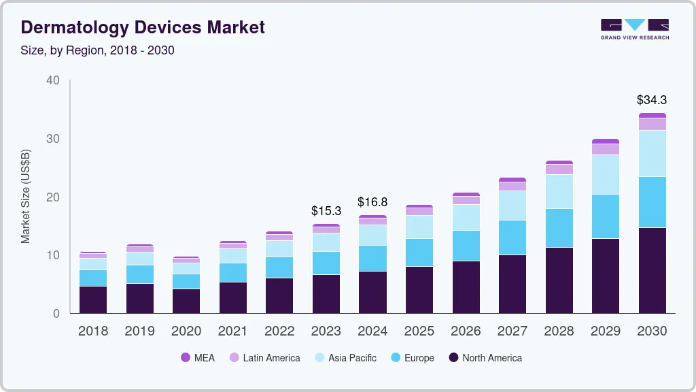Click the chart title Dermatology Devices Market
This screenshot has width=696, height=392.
(143, 27)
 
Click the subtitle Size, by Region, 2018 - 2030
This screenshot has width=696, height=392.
(98, 50)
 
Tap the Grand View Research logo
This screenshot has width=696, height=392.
(634, 29)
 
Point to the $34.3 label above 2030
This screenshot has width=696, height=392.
(651, 100)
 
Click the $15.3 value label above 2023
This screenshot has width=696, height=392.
(326, 211)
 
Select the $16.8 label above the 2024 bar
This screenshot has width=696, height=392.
(372, 202)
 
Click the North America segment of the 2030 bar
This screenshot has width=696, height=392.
(652, 270)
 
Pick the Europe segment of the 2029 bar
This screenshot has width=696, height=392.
(605, 216)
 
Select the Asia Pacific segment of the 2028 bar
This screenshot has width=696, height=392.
(559, 192)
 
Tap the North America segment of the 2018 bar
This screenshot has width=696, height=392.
(93, 299)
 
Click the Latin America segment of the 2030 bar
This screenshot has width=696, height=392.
(652, 124)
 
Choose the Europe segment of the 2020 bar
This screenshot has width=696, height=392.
(186, 281)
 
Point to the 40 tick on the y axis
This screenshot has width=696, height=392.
(53, 80)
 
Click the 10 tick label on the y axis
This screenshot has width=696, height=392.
(53, 255)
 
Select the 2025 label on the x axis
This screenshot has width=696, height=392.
(419, 331)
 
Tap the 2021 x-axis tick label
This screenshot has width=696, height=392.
(232, 331)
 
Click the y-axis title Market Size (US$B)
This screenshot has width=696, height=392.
(26, 197)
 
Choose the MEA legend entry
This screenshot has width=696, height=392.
(198, 357)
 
